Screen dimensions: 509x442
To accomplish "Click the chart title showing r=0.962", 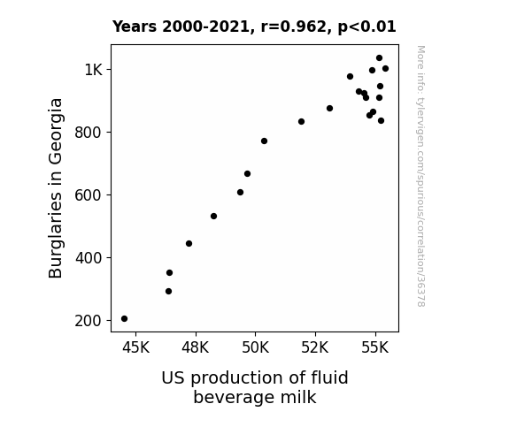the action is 254,27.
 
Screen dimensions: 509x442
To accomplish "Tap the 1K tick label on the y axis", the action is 94,70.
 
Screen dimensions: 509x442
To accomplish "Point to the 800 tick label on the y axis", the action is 89,133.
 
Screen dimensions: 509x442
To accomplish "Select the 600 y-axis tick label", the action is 89,195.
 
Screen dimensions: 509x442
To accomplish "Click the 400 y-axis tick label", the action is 89,258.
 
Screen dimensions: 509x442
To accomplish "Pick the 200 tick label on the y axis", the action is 89,321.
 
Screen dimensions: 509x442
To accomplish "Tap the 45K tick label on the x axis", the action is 135,347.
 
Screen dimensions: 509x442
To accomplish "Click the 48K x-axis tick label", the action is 196,347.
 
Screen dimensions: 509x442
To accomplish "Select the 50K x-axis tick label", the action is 256,347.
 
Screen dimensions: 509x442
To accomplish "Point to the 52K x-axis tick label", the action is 315,347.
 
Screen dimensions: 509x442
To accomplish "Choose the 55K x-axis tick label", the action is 375,347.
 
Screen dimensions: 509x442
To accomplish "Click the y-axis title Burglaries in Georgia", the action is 55,188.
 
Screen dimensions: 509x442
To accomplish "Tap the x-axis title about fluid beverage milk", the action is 255,387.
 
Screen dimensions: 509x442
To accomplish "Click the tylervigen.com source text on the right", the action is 420,176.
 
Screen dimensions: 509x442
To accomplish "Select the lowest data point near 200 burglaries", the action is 124,319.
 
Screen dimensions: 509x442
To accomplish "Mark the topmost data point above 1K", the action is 379,58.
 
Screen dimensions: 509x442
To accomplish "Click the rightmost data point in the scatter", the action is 385,68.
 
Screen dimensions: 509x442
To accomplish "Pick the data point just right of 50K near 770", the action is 265,141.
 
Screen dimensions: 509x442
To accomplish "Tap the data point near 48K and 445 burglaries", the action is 189,243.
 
